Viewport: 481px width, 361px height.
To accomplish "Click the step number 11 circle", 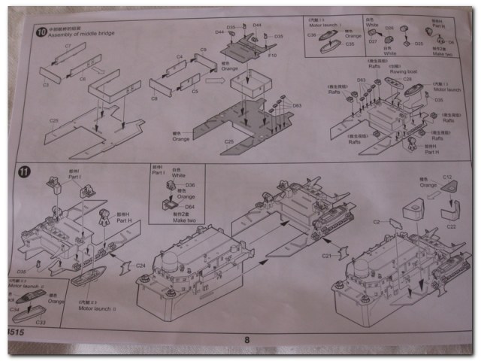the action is [26, 171].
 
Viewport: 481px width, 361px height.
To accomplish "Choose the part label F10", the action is [273, 55].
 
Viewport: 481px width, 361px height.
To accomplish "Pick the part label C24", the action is [141, 265].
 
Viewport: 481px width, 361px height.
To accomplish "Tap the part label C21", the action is [326, 256].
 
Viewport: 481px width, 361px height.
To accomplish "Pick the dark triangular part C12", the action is [449, 196].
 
